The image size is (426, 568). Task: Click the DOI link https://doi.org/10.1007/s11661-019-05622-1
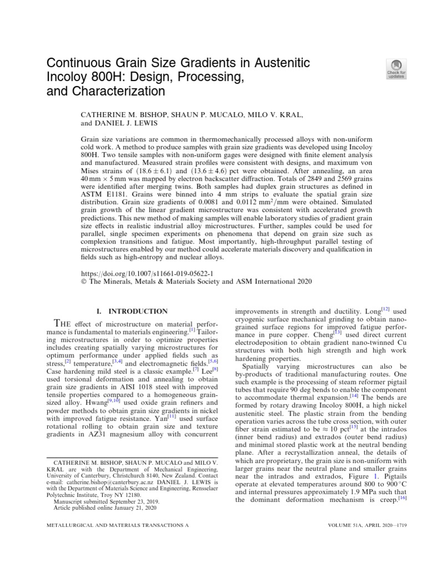[x=147, y=273]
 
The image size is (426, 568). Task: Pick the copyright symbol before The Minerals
[x=84, y=282]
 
